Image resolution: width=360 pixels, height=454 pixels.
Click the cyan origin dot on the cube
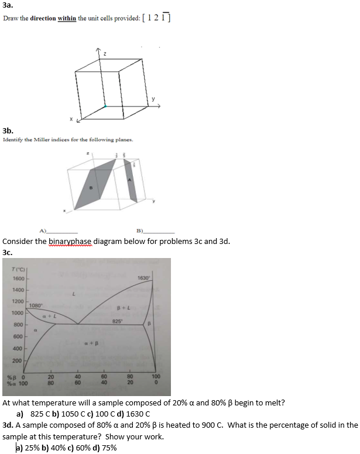[106, 106]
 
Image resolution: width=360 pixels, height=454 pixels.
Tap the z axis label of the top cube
[105, 54]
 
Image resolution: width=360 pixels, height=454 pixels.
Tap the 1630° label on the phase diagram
[145, 277]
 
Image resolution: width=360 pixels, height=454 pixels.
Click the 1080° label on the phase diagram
[35, 305]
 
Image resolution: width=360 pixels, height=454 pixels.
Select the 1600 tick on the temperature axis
[18, 278]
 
